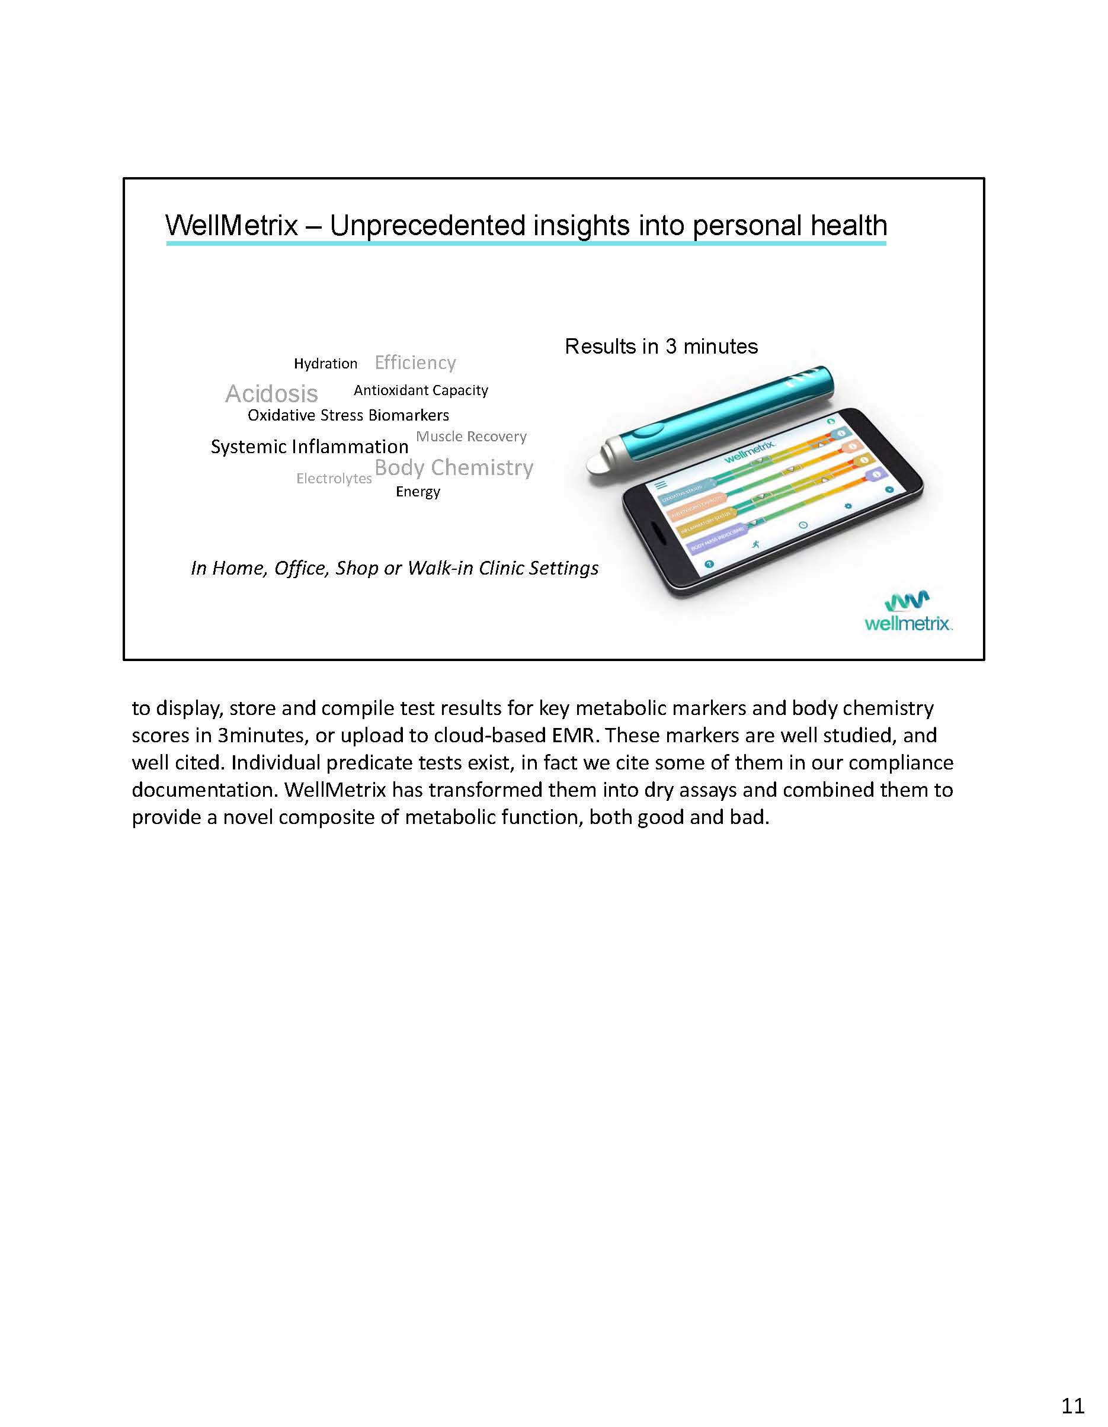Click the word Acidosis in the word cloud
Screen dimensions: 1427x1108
271,394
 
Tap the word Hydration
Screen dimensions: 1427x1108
325,364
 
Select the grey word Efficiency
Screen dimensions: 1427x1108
415,363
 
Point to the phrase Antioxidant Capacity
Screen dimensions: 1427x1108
421,390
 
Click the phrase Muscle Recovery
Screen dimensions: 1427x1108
471,437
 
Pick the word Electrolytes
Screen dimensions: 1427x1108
334,478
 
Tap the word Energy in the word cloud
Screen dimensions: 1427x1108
418,491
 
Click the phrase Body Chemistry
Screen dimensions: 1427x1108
454,468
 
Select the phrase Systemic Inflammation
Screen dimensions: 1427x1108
309,447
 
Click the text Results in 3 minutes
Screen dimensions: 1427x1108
661,347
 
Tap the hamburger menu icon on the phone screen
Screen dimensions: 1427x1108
661,485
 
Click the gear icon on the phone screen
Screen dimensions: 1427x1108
848,506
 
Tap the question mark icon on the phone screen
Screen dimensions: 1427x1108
709,565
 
